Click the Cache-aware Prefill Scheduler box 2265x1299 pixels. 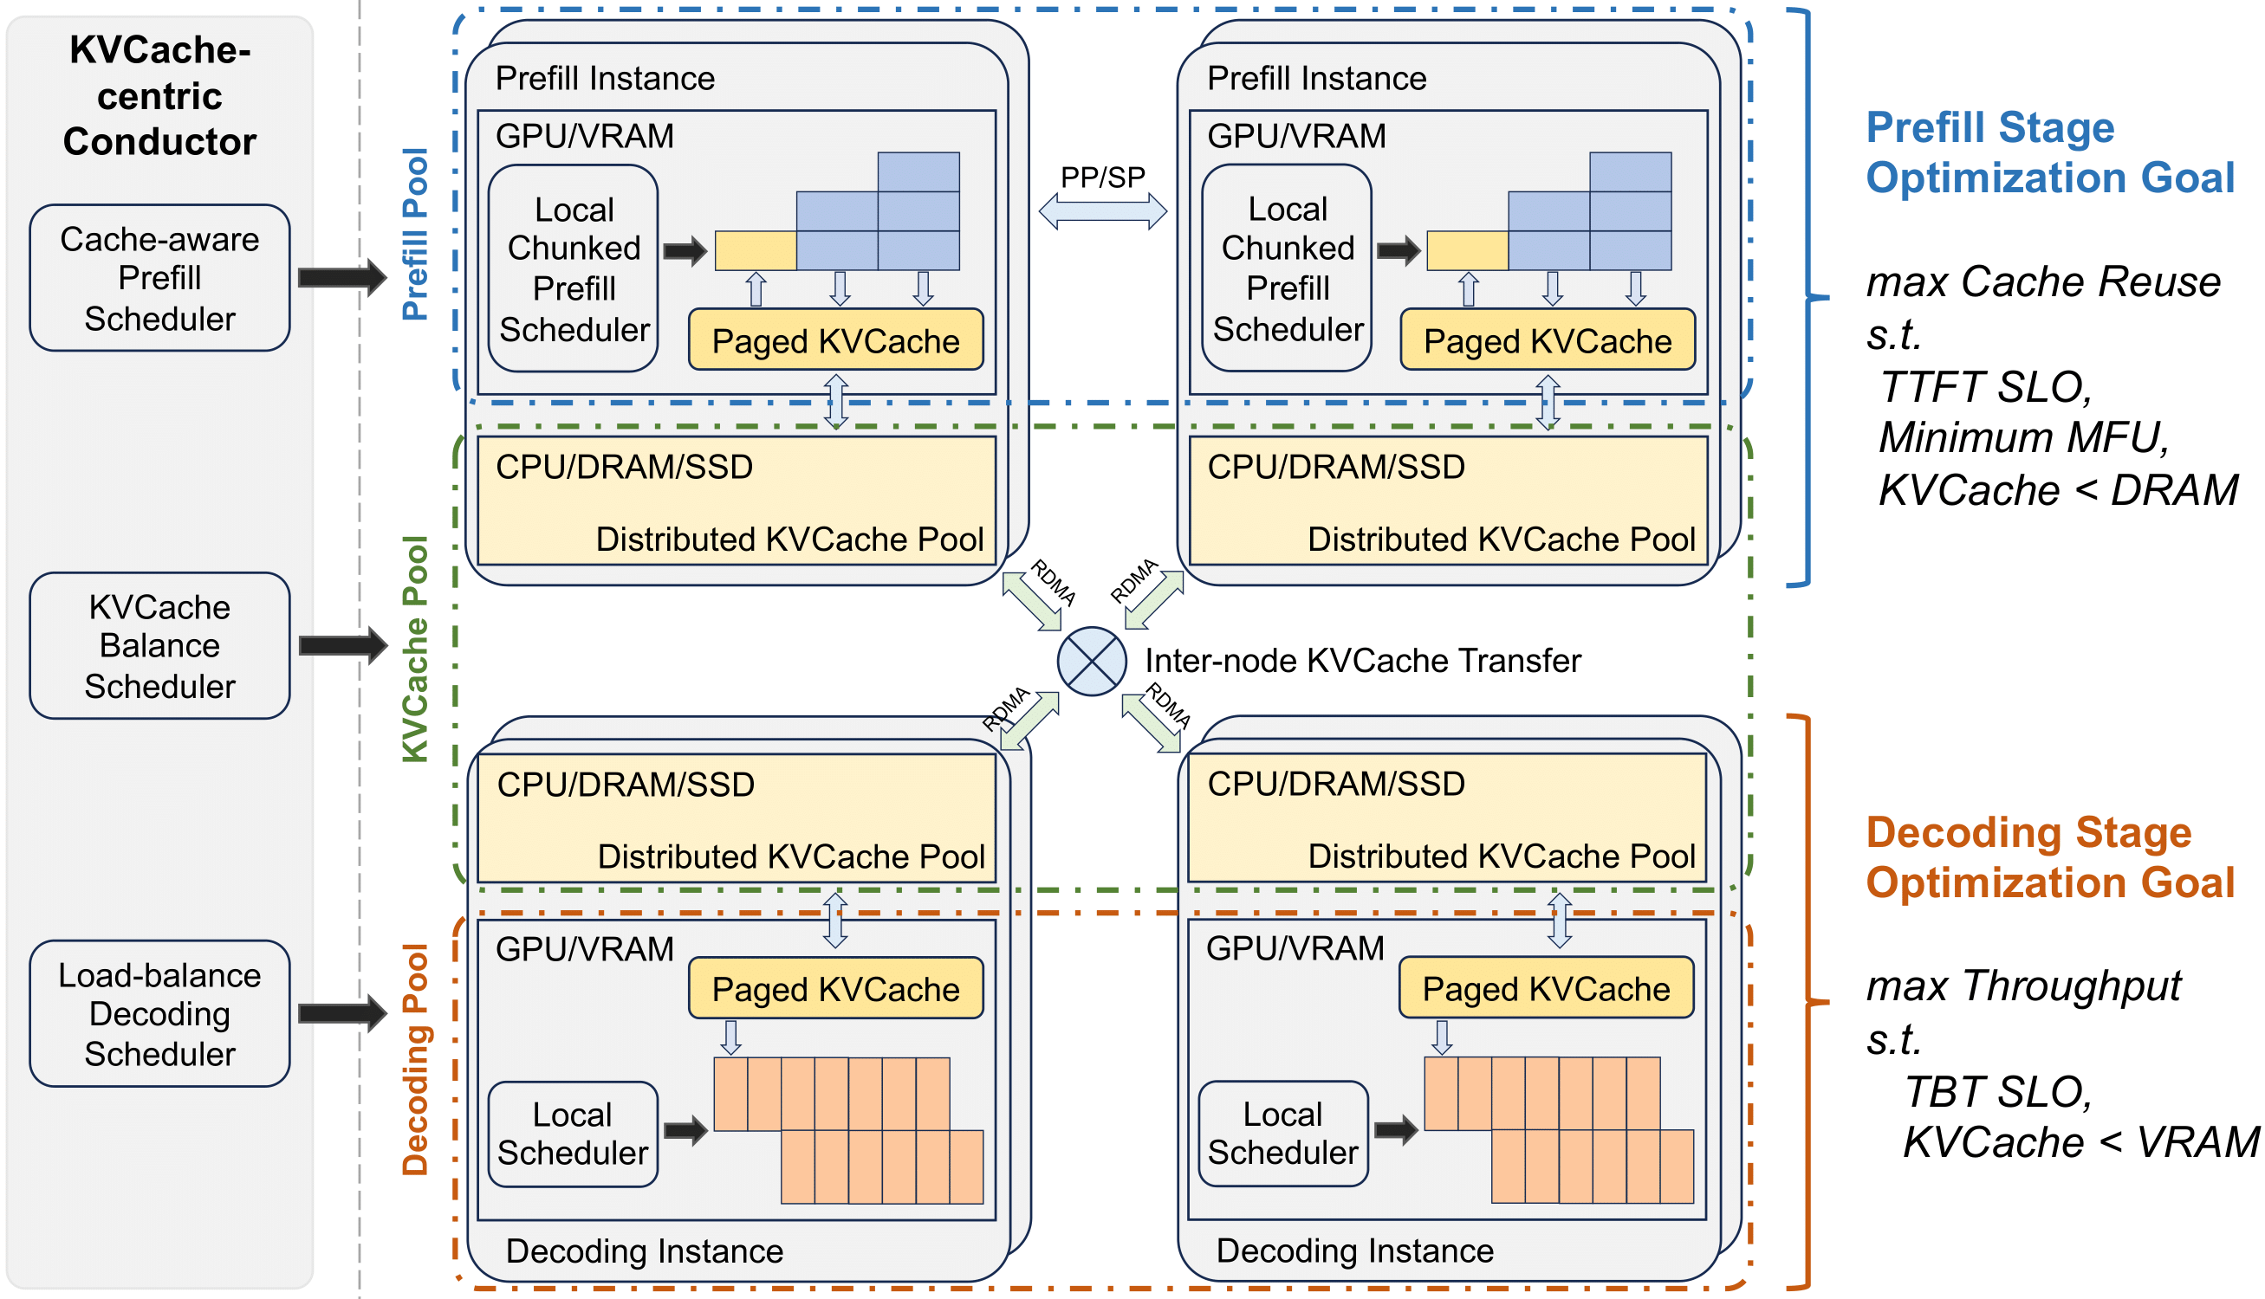tap(159, 278)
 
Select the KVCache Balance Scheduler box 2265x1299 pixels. tap(159, 646)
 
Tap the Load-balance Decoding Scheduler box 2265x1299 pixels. tap(159, 1013)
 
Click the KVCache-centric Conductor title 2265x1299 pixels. tap(159, 95)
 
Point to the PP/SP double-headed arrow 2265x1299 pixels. tap(1102, 211)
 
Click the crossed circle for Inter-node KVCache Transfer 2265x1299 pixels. tap(1092, 661)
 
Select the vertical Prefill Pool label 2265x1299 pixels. tap(415, 234)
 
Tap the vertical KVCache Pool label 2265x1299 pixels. tap(415, 649)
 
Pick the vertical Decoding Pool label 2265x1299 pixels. tap(415, 1059)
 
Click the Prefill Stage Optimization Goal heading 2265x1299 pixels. tap(2049, 152)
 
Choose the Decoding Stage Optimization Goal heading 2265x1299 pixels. tap(2049, 857)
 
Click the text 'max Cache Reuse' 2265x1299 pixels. tap(2043, 282)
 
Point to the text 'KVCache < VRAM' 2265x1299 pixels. tap(2080, 1142)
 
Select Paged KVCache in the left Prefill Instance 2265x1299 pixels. tap(835, 341)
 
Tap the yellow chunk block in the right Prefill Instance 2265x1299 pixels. tap(1467, 250)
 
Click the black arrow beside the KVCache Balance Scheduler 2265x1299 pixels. tap(341, 645)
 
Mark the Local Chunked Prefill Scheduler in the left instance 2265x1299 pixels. tap(574, 268)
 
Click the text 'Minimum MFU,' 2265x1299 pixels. tap(2023, 438)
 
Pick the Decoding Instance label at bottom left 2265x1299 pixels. tap(644, 1251)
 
